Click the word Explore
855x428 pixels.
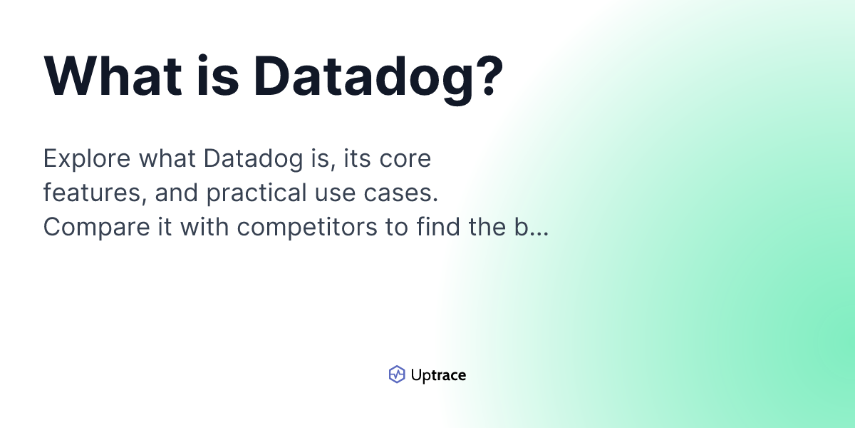point(84,158)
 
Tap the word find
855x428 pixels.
point(440,227)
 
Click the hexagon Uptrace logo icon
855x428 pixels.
point(397,374)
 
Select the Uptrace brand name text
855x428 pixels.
point(438,374)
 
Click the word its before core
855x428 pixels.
point(358,158)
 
